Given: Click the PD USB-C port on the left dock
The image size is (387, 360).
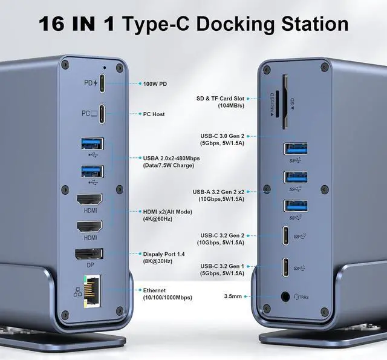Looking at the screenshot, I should (102, 83).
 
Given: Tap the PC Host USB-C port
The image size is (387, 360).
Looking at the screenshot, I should (102, 114).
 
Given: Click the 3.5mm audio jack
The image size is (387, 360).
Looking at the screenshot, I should (284, 297).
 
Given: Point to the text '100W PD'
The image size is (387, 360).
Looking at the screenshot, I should (155, 83).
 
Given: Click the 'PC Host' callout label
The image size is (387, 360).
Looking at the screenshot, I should (154, 114).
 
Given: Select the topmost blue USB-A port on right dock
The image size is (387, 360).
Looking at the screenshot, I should (296, 148).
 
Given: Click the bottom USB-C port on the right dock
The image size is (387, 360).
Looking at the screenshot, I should (285, 267).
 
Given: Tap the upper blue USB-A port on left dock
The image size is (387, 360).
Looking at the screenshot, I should (91, 144).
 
